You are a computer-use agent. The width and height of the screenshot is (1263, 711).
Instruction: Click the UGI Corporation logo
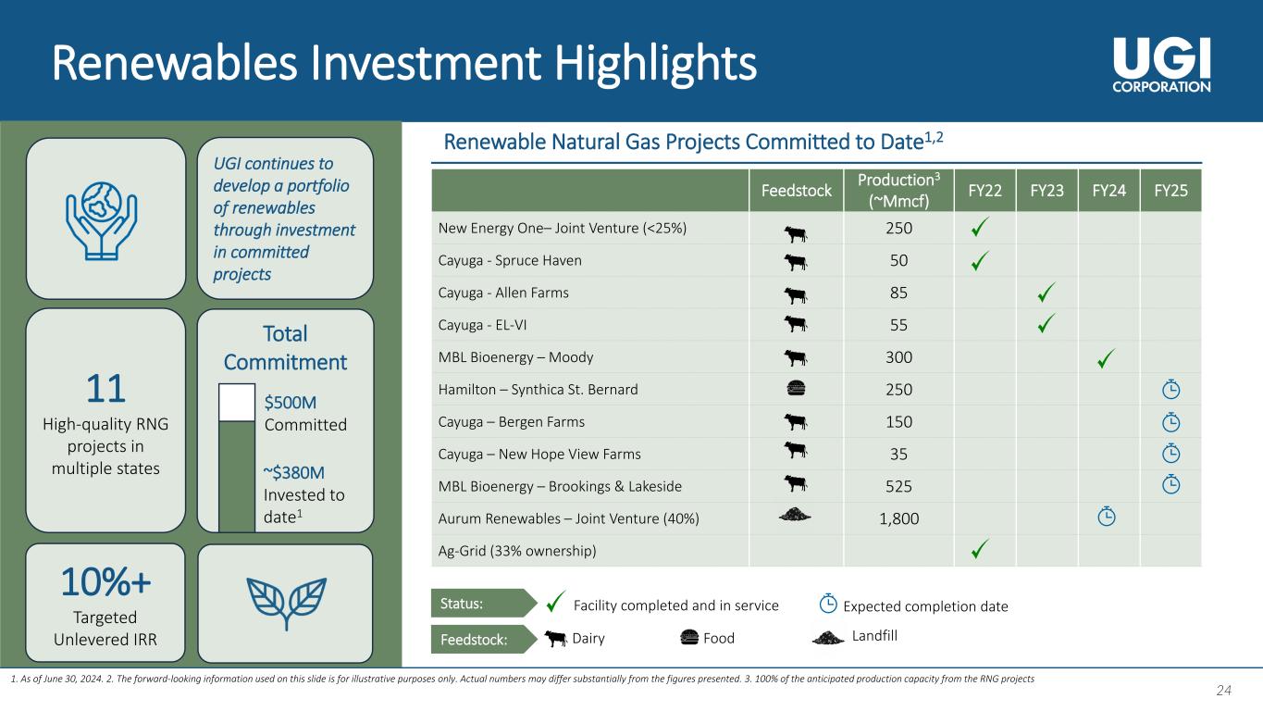click(1161, 65)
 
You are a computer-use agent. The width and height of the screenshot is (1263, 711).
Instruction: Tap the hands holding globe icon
click(102, 220)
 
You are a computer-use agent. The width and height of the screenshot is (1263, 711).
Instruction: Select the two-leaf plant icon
click(287, 604)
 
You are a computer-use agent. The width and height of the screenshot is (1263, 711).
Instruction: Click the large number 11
click(105, 388)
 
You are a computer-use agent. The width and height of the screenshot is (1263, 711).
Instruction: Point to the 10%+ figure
click(105, 581)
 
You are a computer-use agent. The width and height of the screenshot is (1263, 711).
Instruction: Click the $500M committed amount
click(291, 403)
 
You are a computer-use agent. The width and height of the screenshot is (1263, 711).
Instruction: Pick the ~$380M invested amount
click(293, 472)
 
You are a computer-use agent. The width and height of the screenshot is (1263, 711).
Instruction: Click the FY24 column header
click(1109, 191)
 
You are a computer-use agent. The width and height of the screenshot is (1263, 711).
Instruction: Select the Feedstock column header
click(796, 191)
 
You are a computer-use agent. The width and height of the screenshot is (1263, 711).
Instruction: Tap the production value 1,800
click(898, 518)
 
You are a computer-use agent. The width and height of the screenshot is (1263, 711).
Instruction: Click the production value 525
click(898, 486)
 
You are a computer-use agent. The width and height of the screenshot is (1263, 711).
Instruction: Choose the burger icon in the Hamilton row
click(796, 388)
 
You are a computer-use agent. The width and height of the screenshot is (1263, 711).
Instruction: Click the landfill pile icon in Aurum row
click(795, 514)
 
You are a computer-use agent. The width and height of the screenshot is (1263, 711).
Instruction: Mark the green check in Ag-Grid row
click(980, 548)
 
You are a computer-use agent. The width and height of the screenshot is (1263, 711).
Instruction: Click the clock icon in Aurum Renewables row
click(1107, 517)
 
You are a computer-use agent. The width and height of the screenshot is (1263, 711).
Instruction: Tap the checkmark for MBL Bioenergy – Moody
click(1107, 358)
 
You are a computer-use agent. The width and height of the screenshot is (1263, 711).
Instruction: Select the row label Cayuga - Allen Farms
click(503, 293)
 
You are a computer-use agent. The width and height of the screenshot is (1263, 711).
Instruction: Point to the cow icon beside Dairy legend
click(556, 638)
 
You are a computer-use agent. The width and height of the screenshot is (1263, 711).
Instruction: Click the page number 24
click(1223, 690)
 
